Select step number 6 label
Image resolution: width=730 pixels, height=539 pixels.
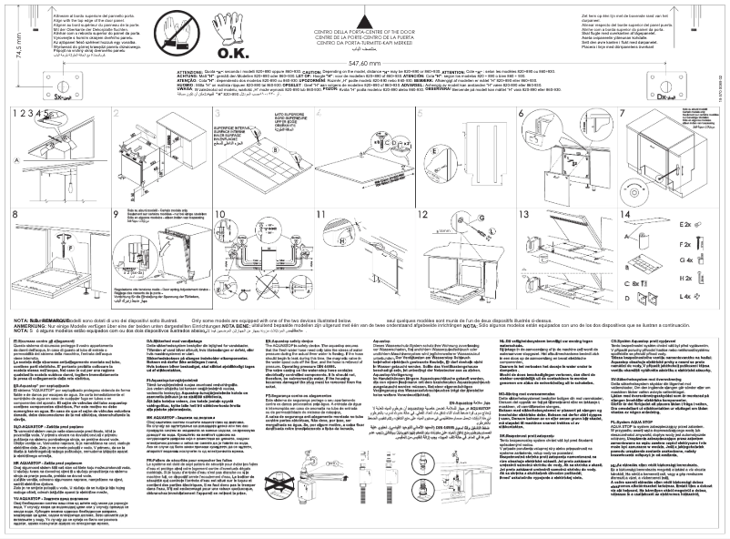point(521,112)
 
